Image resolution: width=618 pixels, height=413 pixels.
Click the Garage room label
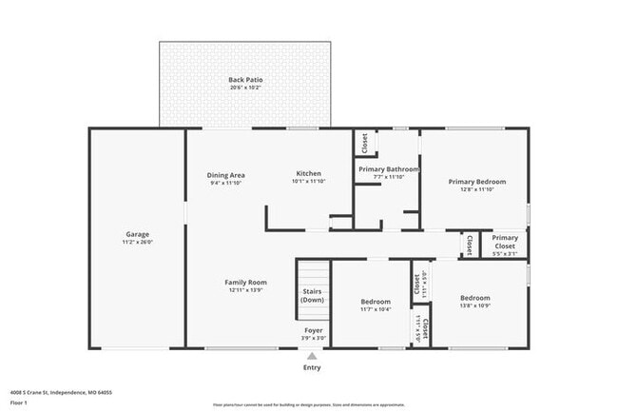[138, 233]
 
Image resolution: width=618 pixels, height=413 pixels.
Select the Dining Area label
[226, 174]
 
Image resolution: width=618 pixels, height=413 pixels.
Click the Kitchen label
[308, 173]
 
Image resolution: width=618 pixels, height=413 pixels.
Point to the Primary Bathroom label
[388, 168]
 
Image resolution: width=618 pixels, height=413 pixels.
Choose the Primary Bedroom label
[476, 181]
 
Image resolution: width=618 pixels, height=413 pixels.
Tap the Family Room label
[245, 282]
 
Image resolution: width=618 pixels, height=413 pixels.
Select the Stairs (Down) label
[313, 296]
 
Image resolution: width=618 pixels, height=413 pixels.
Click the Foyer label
[313, 330]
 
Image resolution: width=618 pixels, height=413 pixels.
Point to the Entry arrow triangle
[312, 355]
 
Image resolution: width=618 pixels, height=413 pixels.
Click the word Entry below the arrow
[312, 367]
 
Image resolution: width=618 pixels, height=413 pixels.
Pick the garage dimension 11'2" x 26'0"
[138, 242]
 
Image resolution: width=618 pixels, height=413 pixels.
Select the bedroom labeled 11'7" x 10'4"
[375, 309]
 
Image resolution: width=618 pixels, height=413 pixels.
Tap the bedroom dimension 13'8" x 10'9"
[474, 305]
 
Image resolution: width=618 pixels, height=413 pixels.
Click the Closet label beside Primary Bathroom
[365, 142]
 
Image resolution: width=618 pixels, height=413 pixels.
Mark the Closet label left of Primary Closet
[468, 245]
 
